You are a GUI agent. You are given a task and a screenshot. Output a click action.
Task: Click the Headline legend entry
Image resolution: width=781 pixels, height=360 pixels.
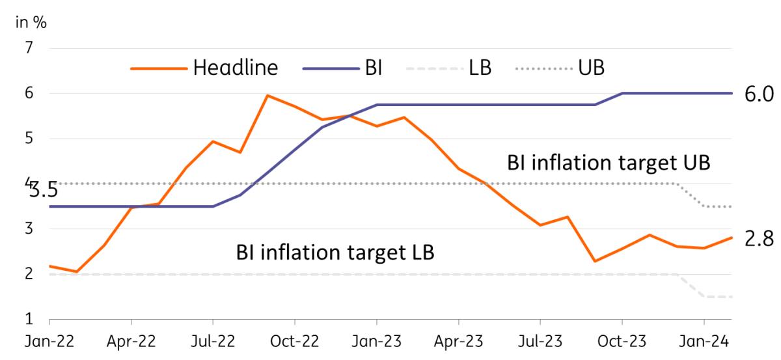(204, 67)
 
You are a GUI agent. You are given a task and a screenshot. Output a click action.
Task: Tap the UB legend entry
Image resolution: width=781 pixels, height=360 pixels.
(564, 67)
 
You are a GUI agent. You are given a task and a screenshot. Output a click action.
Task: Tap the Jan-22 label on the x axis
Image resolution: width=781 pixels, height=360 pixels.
(49, 340)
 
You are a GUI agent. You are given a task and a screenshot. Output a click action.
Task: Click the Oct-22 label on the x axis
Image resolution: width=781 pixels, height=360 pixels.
(295, 340)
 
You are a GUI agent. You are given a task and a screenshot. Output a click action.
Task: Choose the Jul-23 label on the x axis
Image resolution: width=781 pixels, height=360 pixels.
(540, 340)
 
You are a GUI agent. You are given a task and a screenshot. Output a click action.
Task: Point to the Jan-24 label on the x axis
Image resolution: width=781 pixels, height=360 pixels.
(704, 340)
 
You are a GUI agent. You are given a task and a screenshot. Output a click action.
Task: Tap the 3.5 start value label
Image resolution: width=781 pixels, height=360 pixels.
(42, 191)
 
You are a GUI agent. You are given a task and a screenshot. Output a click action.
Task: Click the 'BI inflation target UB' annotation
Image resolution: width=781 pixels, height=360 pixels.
(608, 163)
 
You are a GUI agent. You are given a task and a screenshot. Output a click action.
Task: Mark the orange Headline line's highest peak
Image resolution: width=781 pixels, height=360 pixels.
(267, 96)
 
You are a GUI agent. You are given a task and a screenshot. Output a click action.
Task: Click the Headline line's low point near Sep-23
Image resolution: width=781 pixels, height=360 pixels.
(594, 261)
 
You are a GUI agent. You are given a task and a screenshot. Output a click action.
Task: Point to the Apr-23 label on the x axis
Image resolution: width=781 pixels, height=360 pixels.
(458, 340)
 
